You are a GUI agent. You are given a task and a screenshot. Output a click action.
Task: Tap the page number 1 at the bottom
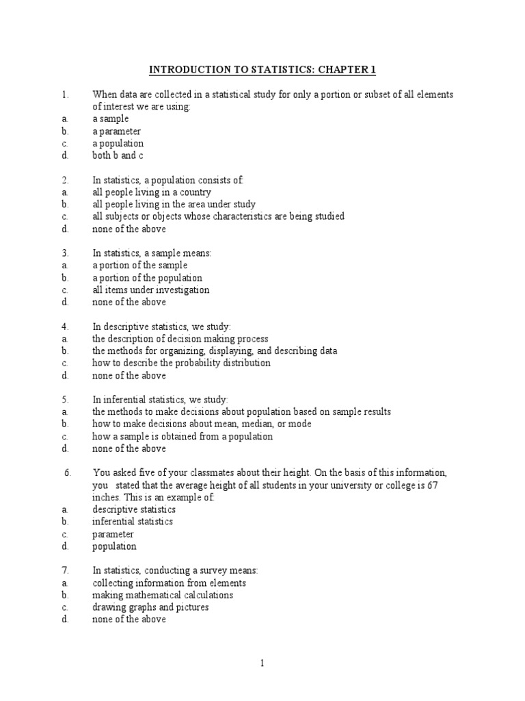pos(262,663)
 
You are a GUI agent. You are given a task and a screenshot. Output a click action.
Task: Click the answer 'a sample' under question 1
pos(111,119)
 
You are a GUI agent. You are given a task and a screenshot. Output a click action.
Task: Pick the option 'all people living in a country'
pos(152,192)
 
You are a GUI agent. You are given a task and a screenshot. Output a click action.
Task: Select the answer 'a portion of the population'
pos(148,278)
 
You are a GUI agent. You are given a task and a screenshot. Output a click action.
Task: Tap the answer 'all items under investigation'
pos(151,290)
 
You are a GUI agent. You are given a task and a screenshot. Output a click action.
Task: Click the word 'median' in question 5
pos(250,424)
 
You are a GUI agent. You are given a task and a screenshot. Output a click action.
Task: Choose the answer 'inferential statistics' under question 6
pos(133,522)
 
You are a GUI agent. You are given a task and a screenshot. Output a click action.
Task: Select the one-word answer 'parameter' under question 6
pos(113,534)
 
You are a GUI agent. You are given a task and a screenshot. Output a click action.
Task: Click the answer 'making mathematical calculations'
pos(163,595)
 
